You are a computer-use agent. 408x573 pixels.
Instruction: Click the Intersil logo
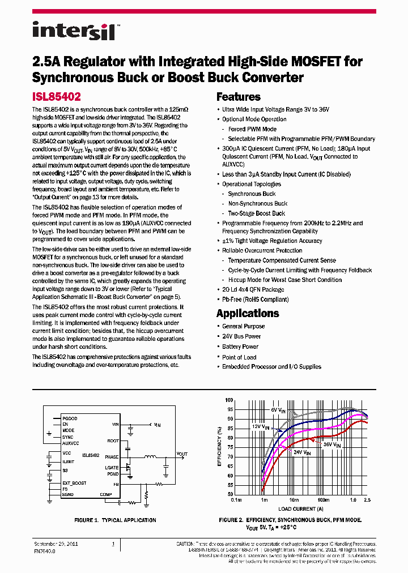(74, 31)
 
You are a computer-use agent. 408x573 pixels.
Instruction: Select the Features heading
(238, 97)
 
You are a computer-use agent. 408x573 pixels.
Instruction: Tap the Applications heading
(248, 313)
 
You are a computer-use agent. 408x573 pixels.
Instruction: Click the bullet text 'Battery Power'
(240, 347)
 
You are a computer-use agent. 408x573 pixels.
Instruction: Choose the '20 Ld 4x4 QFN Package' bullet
(253, 289)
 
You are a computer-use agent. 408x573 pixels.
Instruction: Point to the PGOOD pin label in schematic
(70, 418)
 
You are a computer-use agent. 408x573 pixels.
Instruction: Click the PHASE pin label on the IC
(112, 457)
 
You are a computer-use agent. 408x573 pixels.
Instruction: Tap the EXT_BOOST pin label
(74, 482)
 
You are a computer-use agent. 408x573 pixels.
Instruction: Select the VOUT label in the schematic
(181, 454)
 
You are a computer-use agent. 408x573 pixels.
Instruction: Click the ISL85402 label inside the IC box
(91, 455)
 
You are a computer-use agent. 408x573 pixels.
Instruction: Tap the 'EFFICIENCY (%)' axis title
(220, 446)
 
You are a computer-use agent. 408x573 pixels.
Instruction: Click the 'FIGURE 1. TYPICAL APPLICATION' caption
(115, 520)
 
